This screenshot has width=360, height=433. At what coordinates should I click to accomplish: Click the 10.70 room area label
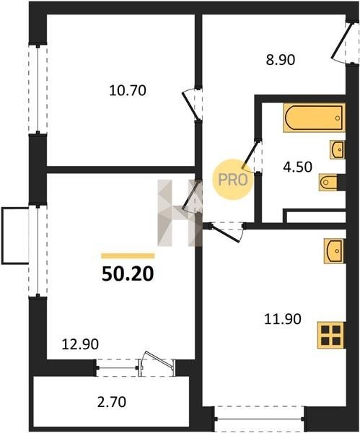(x=128, y=91)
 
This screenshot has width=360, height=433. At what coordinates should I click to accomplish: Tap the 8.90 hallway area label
(x=281, y=60)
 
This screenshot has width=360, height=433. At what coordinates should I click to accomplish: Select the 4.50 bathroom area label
(x=298, y=167)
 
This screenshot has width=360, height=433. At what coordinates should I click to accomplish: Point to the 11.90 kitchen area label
(x=283, y=319)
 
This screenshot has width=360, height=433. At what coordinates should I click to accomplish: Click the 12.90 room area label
(x=80, y=344)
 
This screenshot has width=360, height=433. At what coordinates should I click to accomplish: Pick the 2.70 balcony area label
(x=112, y=402)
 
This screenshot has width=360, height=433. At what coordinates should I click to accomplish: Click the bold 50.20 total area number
(x=128, y=274)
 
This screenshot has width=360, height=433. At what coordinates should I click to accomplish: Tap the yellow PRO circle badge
(x=232, y=180)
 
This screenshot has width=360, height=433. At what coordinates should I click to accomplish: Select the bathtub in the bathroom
(x=314, y=118)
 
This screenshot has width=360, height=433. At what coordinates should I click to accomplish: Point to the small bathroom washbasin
(x=338, y=149)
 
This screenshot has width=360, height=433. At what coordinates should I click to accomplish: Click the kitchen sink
(x=335, y=250)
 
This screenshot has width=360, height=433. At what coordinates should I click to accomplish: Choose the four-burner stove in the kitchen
(x=331, y=336)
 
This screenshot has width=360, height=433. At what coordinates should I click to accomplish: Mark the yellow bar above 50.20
(x=128, y=256)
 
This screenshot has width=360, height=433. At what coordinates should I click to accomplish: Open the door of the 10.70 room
(x=190, y=105)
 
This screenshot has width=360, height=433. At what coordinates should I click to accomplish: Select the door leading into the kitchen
(x=225, y=232)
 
